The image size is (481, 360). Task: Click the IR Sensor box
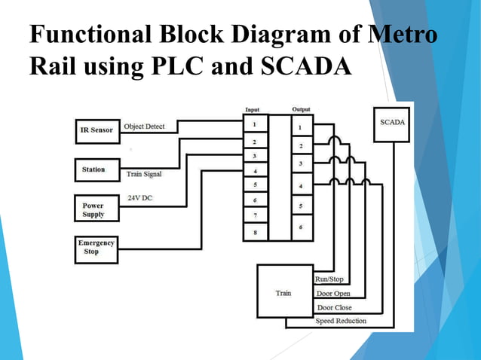(x=97, y=130)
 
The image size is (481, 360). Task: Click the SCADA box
(x=392, y=125)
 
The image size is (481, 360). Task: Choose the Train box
(x=284, y=292)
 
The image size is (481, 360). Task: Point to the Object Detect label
(x=144, y=127)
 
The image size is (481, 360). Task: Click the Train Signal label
(x=143, y=174)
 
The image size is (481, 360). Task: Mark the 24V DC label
(x=140, y=199)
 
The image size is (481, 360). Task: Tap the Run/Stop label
(x=329, y=279)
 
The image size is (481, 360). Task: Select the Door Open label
(x=333, y=294)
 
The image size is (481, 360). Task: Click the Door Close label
(x=334, y=307)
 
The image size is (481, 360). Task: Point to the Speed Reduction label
(x=341, y=321)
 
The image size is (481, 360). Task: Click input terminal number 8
(x=255, y=233)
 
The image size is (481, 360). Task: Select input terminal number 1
(x=255, y=124)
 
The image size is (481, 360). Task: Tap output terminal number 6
(x=302, y=227)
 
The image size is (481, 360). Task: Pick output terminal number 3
(x=302, y=163)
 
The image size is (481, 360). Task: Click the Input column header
(x=253, y=110)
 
